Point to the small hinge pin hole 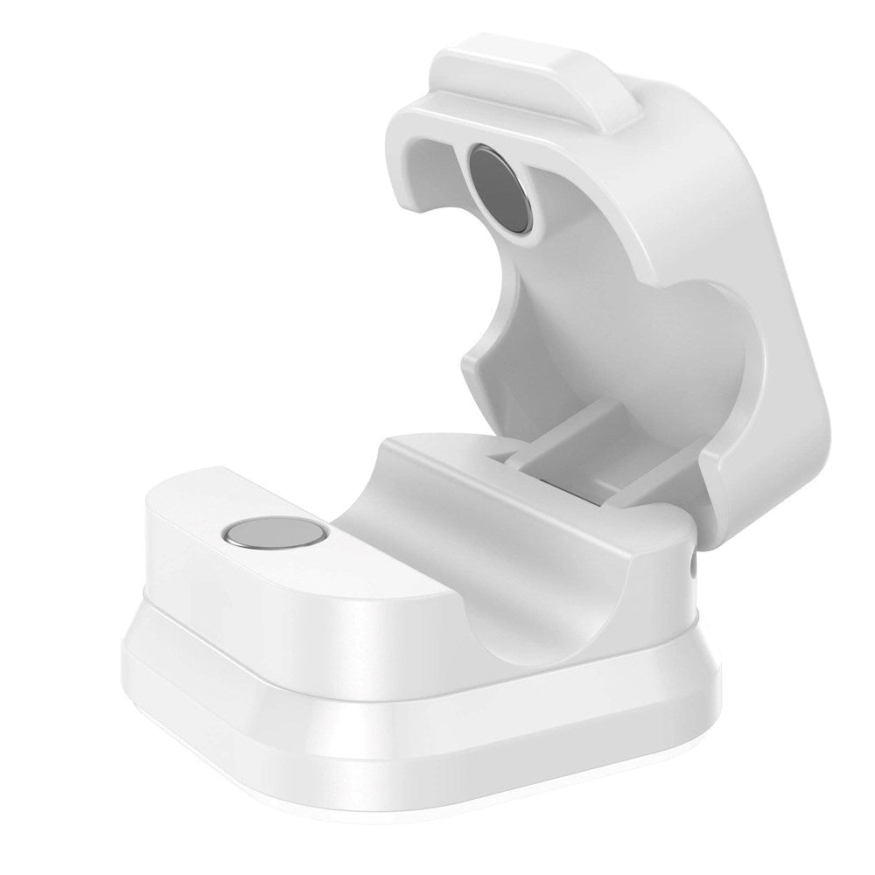click(x=694, y=568)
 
